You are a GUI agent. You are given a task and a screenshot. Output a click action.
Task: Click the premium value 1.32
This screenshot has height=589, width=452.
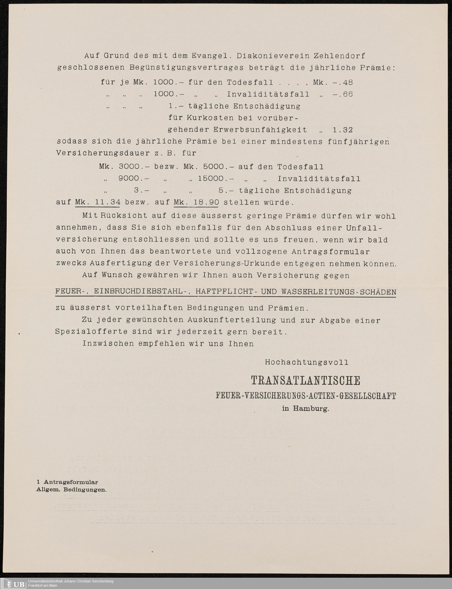click(x=342, y=130)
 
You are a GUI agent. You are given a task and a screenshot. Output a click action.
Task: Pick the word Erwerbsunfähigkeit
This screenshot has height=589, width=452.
click(x=260, y=130)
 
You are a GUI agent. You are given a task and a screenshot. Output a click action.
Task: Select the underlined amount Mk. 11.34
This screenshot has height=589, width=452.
click(x=98, y=202)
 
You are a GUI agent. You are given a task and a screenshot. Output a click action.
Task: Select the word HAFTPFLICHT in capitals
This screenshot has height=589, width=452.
click(x=224, y=292)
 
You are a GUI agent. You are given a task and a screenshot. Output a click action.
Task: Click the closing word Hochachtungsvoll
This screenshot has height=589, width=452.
click(x=307, y=362)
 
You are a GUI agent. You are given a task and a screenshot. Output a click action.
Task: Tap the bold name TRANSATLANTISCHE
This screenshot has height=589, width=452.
click(x=305, y=380)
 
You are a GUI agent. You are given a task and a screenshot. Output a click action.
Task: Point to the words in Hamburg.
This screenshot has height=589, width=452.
click(x=305, y=409)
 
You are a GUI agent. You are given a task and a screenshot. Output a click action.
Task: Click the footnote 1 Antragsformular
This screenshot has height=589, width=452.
click(x=67, y=482)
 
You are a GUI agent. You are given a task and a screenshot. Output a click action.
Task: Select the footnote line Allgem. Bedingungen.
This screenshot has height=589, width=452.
click(x=71, y=490)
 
